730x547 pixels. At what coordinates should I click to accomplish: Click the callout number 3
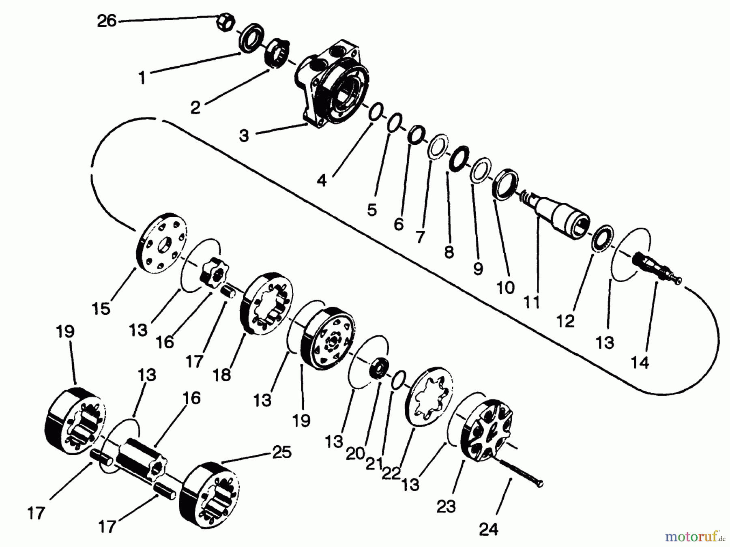click(x=243, y=136)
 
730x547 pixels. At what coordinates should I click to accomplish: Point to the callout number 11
click(x=531, y=302)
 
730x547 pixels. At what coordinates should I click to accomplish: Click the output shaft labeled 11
click(x=556, y=215)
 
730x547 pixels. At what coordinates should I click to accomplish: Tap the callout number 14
click(x=640, y=362)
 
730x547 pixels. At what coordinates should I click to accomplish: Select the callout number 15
click(x=101, y=309)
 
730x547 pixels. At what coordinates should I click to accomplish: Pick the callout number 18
click(x=222, y=375)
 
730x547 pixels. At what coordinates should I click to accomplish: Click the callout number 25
click(x=282, y=453)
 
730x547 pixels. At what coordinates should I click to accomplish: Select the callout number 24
click(x=488, y=529)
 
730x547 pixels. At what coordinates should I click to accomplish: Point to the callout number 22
click(x=391, y=473)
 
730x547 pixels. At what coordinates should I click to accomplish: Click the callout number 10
click(x=505, y=288)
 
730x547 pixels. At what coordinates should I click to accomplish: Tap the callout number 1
click(x=142, y=78)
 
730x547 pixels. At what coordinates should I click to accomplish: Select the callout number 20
click(x=355, y=455)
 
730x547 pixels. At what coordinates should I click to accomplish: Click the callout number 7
click(x=420, y=237)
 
